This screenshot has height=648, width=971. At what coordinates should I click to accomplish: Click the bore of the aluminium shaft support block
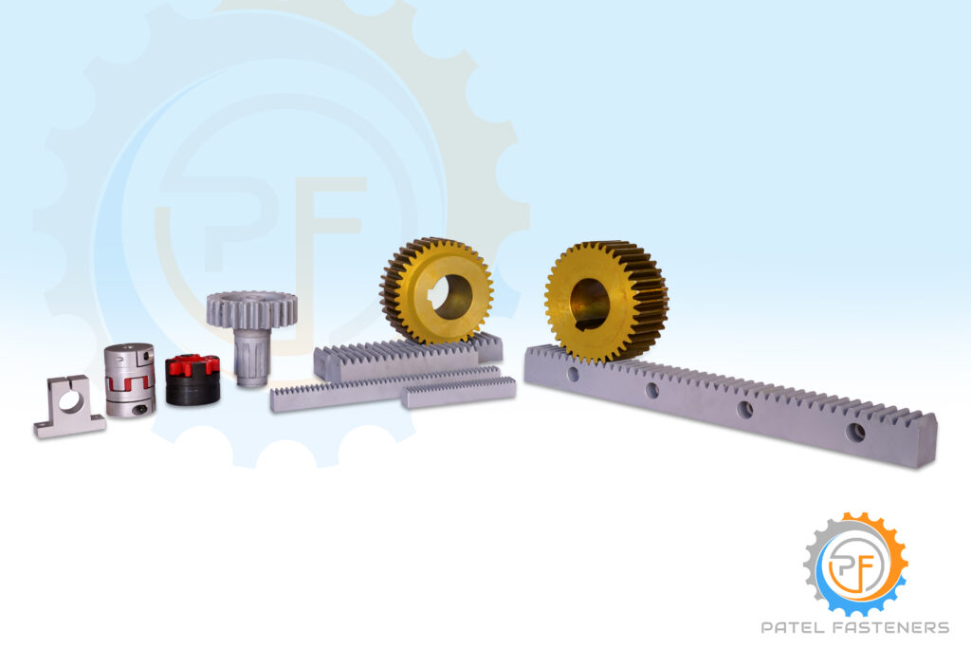tap(70, 402)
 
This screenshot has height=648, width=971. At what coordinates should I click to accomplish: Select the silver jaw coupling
tap(129, 380)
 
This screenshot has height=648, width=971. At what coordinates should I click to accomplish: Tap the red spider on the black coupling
tap(192, 365)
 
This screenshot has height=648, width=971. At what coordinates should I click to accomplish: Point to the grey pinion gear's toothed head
tap(251, 309)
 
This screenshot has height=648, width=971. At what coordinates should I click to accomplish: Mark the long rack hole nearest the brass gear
tap(573, 374)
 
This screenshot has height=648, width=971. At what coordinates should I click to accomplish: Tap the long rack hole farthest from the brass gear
tap(856, 432)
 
